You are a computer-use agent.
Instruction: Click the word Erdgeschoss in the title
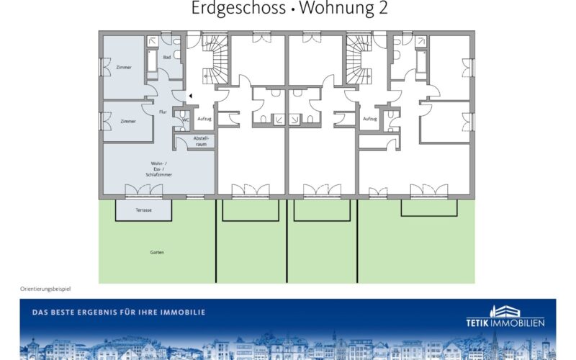238,8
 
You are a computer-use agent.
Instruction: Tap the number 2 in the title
383,8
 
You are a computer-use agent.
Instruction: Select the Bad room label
167,58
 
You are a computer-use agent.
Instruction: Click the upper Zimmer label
124,67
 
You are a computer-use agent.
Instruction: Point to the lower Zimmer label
128,121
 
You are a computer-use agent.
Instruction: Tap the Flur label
163,112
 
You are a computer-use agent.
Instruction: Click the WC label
186,120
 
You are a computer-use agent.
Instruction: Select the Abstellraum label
202,141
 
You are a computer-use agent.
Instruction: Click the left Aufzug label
204,119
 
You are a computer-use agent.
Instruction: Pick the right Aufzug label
370,119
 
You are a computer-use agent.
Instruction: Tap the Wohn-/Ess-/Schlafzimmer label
158,169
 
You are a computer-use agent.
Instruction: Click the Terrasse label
143,210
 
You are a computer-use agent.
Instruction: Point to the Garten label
157,253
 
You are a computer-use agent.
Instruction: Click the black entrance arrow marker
191,96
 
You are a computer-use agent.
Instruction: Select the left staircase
215,60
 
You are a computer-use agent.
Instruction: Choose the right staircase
359,60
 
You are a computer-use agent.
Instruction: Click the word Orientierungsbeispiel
45,289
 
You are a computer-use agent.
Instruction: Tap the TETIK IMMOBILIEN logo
505,316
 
